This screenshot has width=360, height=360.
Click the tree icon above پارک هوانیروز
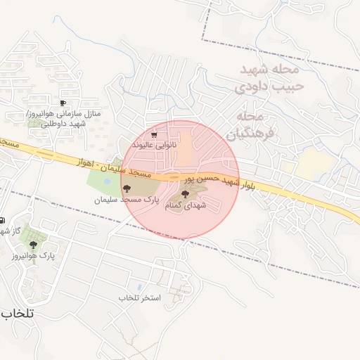pyautogui.click(x=33, y=245)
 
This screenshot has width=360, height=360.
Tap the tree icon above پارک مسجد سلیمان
pyautogui.click(x=127, y=188)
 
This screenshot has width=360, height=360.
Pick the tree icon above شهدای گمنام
pyautogui.click(x=185, y=194)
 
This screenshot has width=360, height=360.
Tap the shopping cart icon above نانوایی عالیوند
pyautogui.click(x=155, y=134)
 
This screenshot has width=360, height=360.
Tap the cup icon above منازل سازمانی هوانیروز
pyautogui.click(x=63, y=103)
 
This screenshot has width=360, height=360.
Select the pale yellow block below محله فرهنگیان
pyautogui.click(x=314, y=165)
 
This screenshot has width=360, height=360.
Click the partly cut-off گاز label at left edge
pyautogui.click(x=5, y=231)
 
